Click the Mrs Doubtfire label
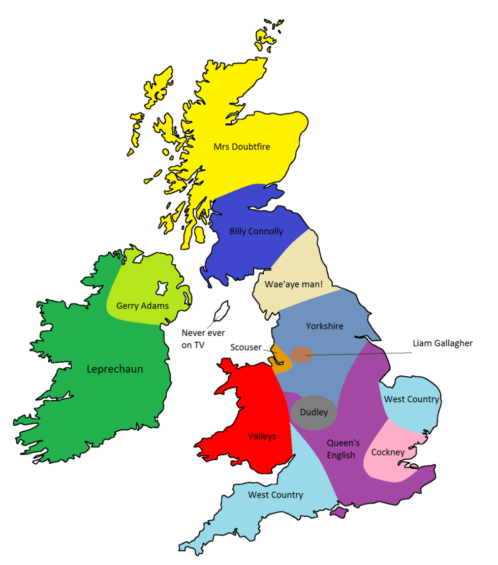pyautogui.click(x=241, y=147)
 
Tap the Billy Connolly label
pyautogui.click(x=256, y=231)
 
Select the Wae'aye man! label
pyautogui.click(x=294, y=284)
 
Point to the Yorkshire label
pyautogui.click(x=324, y=326)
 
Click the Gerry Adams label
pyautogui.click(x=142, y=306)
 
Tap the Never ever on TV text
pyautogui.click(x=203, y=339)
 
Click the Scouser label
pyautogui.click(x=245, y=347)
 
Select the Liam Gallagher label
pyautogui.click(x=443, y=343)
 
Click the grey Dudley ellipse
pyautogui.click(x=314, y=412)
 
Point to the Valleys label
pyautogui.click(x=262, y=436)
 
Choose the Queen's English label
pyautogui.click(x=343, y=449)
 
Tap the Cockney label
pyautogui.click(x=388, y=452)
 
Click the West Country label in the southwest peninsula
pyautogui.click(x=275, y=495)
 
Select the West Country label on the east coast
pyautogui.click(x=411, y=399)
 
